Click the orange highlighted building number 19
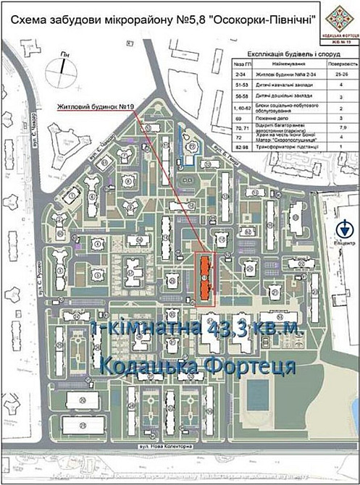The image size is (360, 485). pos(205,276)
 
